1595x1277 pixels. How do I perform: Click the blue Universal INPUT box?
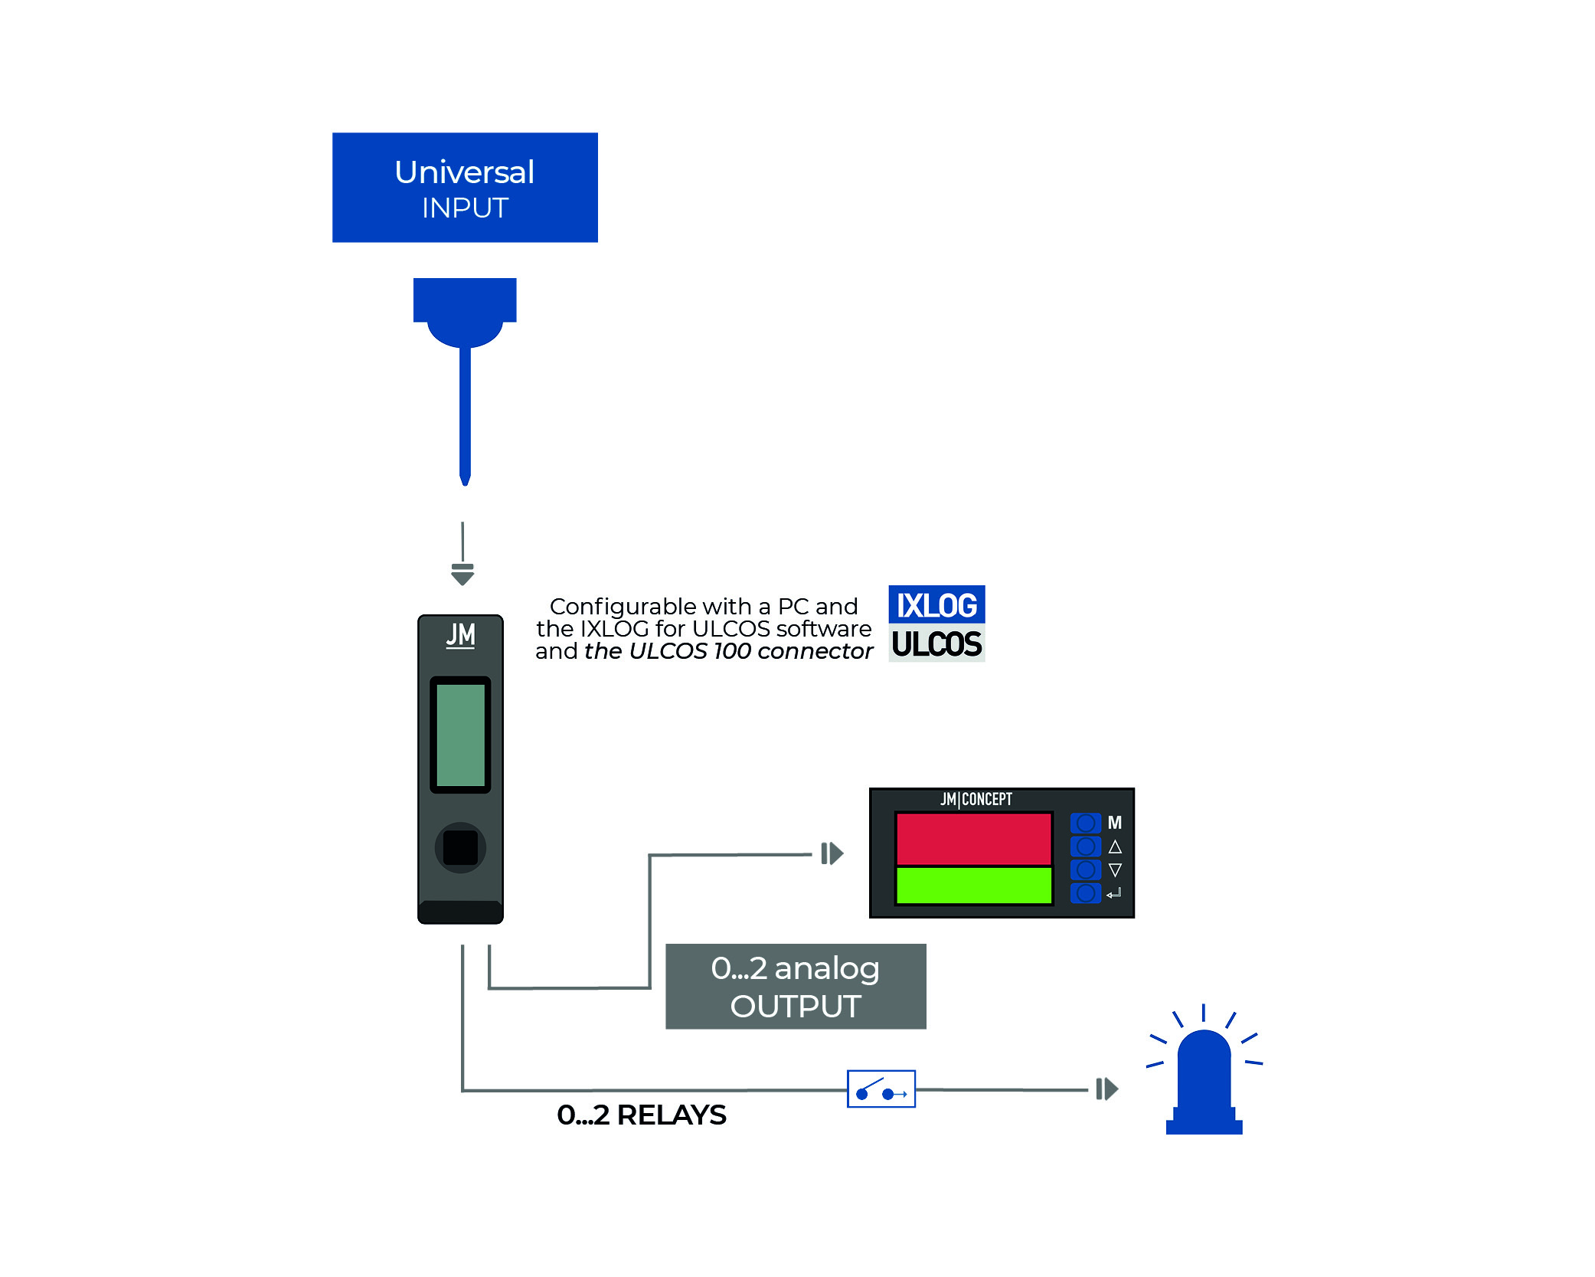tap(465, 188)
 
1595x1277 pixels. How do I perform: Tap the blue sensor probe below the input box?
tap(465, 368)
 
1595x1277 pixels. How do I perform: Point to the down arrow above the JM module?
tap(462, 575)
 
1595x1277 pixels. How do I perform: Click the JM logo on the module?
tap(461, 635)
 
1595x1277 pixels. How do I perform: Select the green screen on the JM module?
tap(460, 735)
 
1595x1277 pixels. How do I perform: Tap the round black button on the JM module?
tap(460, 847)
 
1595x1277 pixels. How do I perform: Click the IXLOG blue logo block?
tap(936, 605)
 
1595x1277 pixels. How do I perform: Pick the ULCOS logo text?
tap(936, 644)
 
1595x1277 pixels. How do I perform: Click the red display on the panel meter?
tap(973, 839)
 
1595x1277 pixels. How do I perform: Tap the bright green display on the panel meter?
tap(973, 886)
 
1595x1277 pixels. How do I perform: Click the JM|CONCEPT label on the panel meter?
tap(976, 799)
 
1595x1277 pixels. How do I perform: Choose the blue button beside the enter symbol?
tap(1085, 893)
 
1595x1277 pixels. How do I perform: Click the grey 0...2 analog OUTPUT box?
tap(796, 986)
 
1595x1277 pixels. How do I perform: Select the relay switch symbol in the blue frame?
tap(881, 1089)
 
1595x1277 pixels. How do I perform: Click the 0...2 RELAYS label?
tap(642, 1115)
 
